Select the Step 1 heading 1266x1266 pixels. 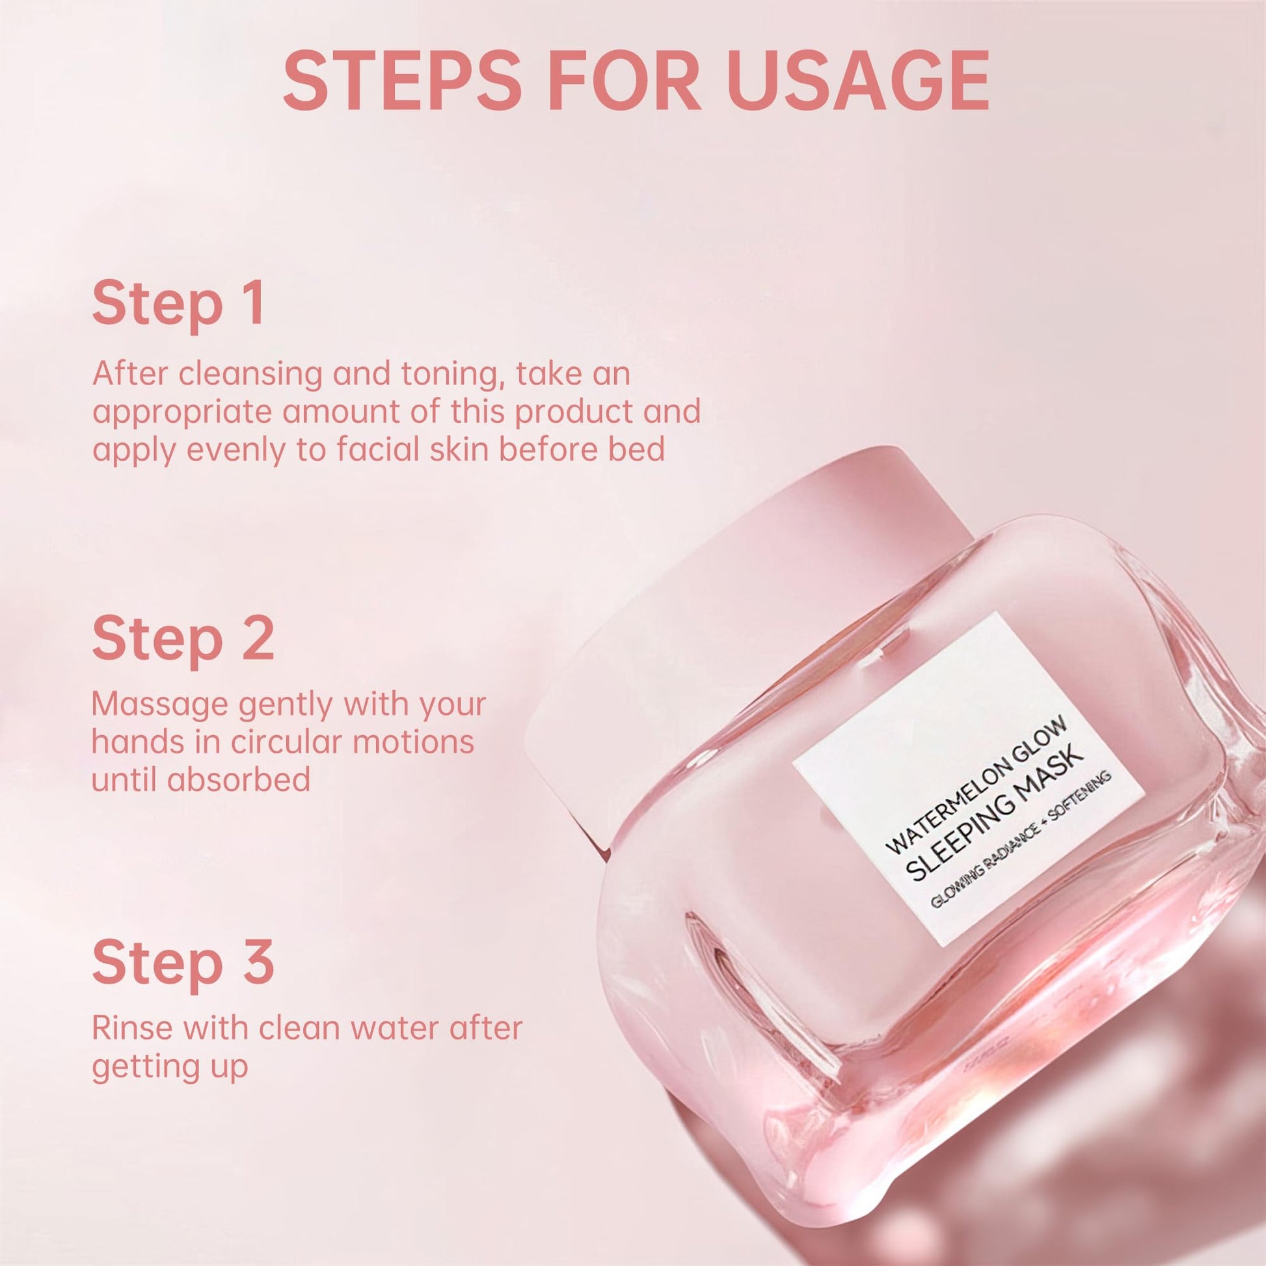click(179, 303)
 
